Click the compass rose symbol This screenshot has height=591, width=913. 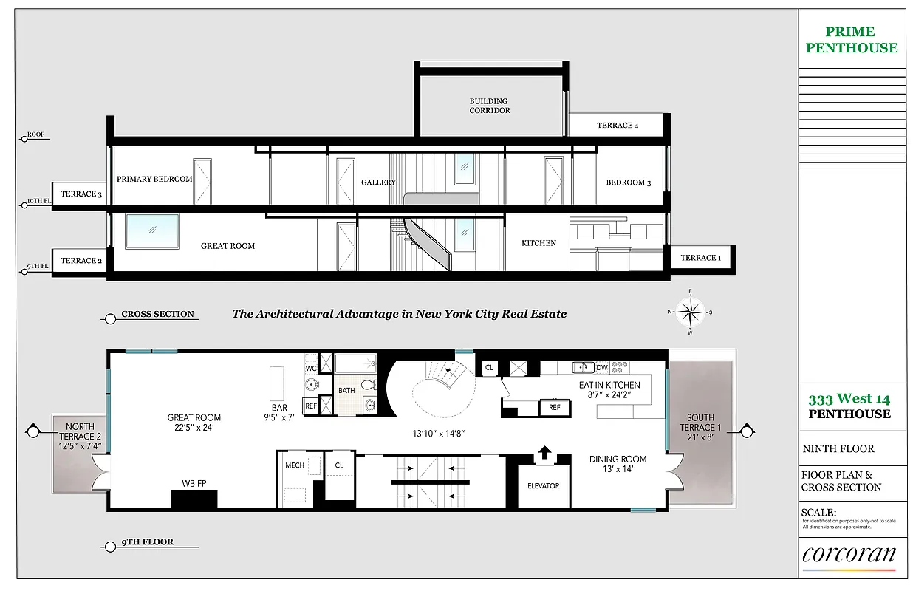point(689,312)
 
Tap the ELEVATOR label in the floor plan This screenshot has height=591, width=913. point(543,486)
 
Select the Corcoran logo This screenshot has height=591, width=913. point(849,556)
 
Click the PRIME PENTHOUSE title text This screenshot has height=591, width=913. point(851,40)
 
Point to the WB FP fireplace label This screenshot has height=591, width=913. point(194,484)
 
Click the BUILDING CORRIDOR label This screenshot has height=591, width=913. point(489,106)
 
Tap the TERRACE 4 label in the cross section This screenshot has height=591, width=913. point(617,126)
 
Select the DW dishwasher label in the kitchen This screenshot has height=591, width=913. point(602,367)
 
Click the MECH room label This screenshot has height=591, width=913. point(295,465)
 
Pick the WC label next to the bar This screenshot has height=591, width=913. point(311,367)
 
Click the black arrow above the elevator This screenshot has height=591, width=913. point(544,452)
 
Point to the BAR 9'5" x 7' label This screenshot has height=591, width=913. point(279,412)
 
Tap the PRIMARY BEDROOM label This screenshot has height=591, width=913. point(154,179)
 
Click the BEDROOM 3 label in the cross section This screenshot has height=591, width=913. point(628,182)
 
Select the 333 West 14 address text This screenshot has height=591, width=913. point(849,399)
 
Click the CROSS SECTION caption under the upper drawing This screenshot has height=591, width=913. point(157,314)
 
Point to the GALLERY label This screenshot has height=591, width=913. point(378,182)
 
